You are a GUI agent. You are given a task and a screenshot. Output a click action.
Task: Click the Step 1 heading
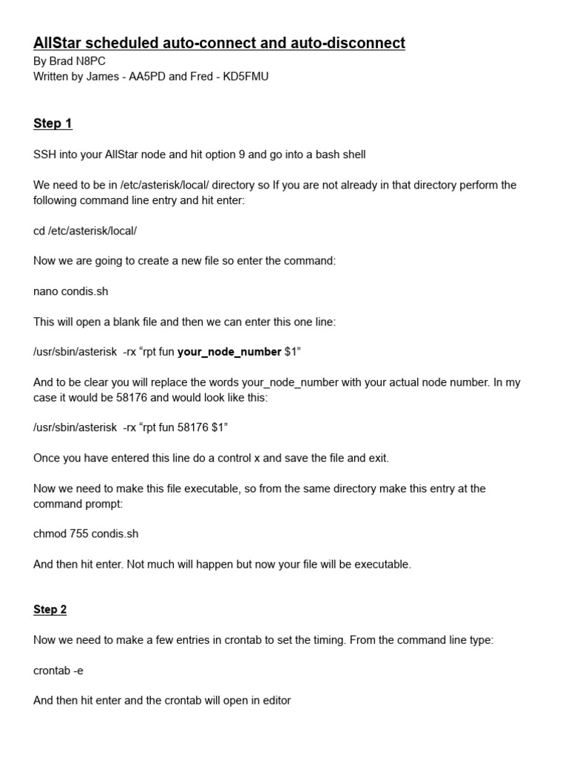click(53, 123)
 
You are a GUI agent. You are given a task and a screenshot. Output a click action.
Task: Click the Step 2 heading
click(50, 609)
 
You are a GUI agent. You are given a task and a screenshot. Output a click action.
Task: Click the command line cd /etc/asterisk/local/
click(85, 231)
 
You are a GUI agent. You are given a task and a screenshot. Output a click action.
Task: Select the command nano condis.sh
click(70, 291)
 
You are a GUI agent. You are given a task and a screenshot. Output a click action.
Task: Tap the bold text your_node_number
click(229, 352)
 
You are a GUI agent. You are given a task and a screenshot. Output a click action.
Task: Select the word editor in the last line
click(274, 700)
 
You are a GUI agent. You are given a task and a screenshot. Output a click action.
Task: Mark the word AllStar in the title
click(60, 44)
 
